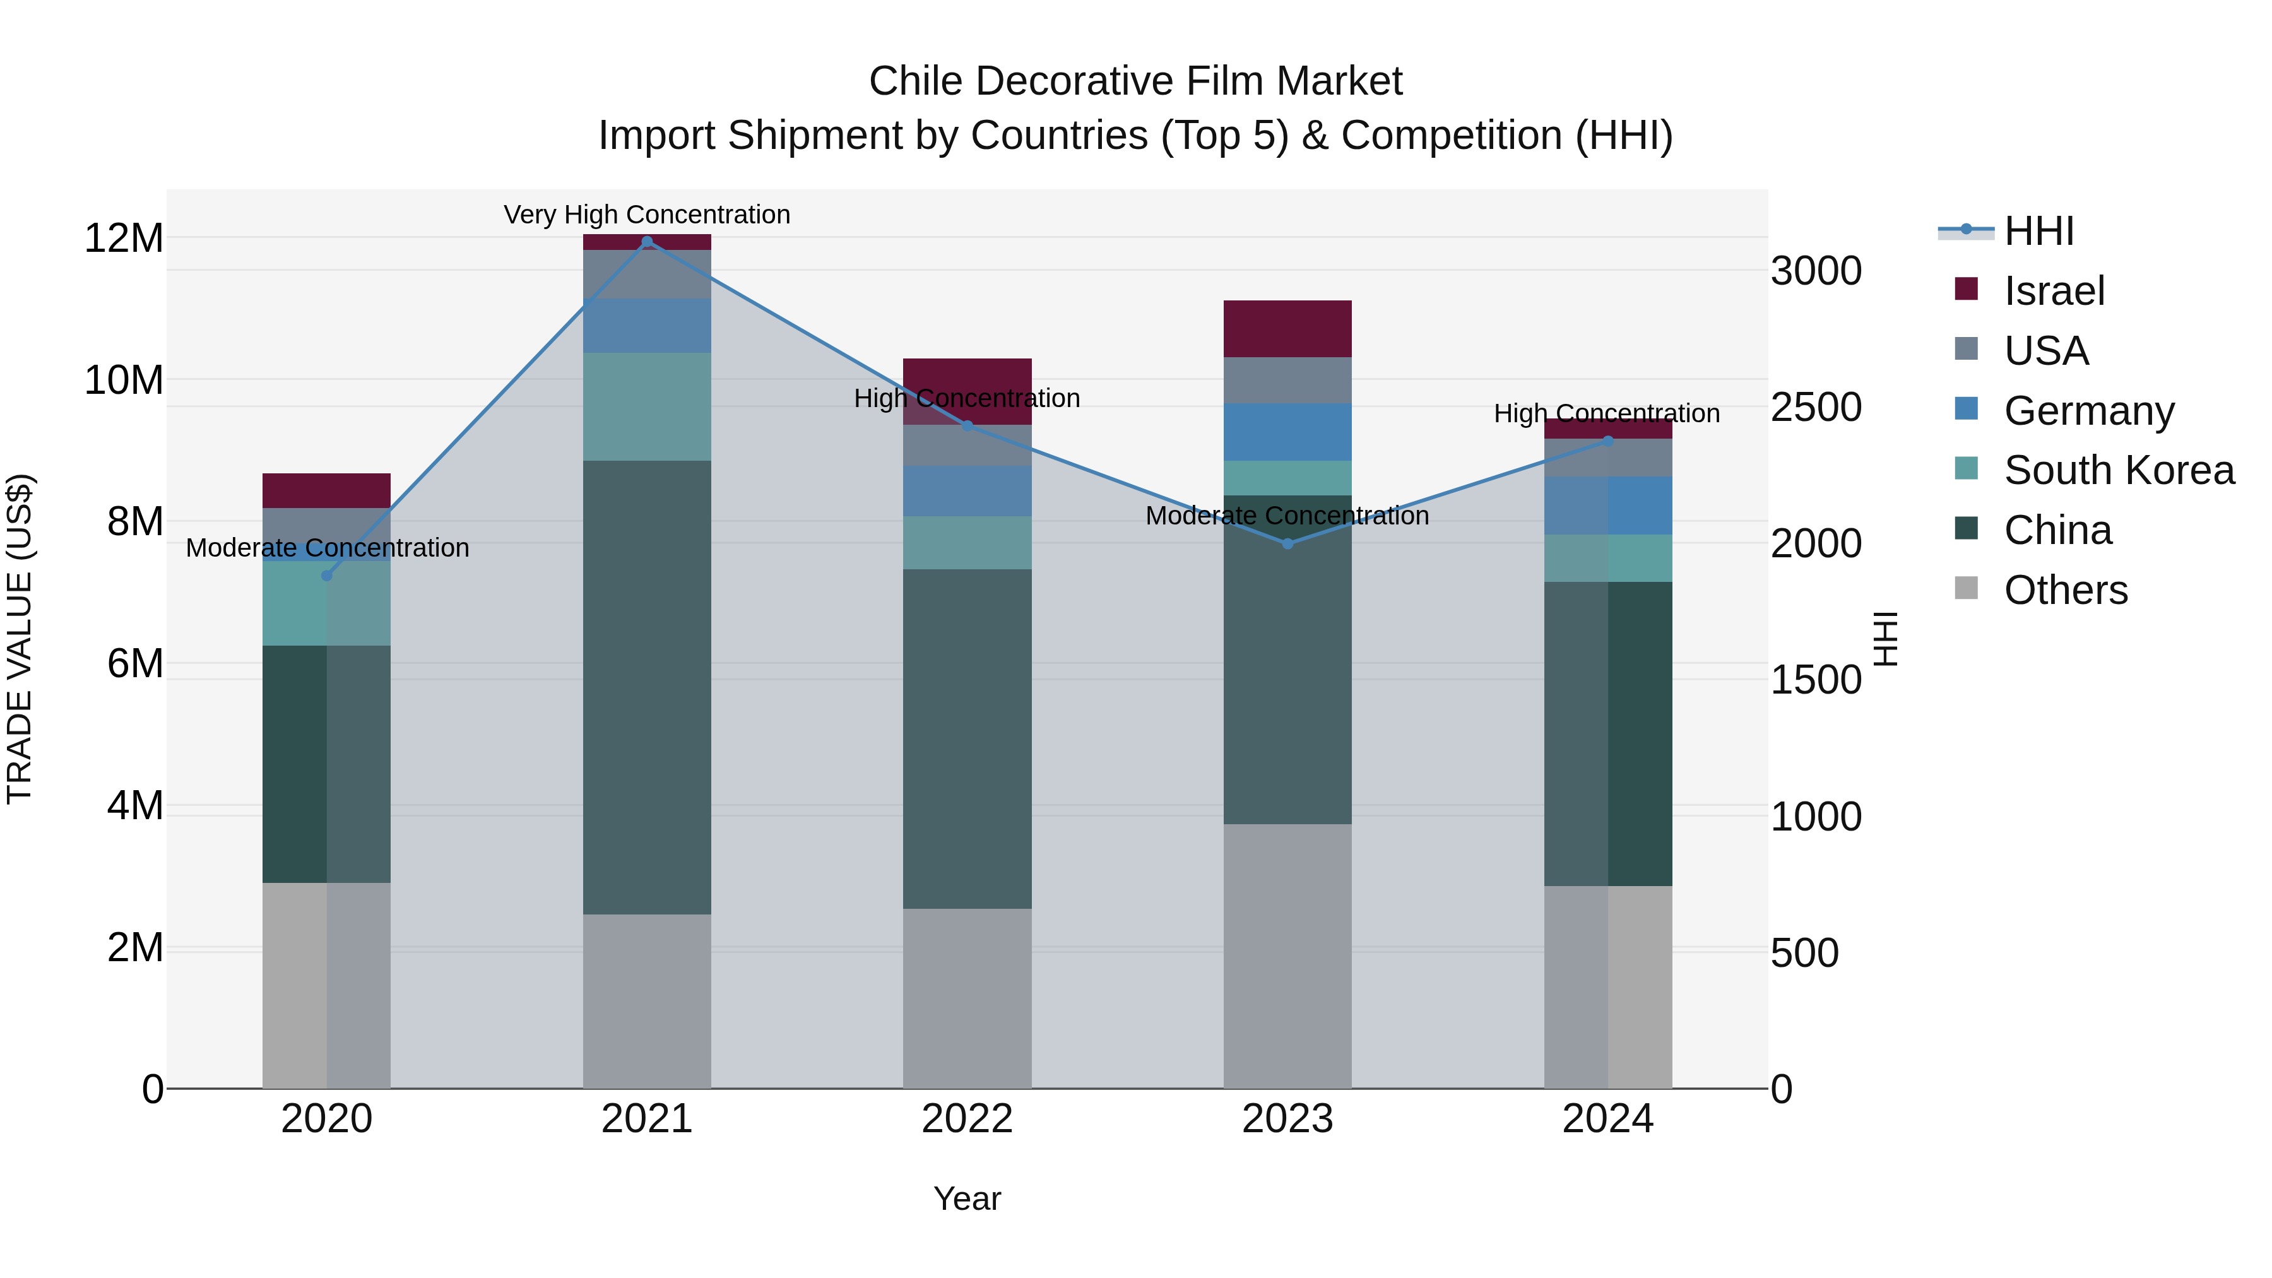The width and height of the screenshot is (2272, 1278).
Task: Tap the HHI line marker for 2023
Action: [1287, 544]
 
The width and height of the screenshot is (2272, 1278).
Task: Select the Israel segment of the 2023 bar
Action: [1287, 328]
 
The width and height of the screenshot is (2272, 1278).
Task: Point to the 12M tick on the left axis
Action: [124, 238]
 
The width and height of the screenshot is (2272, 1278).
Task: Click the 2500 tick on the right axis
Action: [1816, 408]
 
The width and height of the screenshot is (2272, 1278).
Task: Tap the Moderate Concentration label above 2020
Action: [327, 548]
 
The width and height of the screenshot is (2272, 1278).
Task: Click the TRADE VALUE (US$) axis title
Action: [20, 639]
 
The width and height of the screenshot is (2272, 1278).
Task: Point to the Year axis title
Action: [967, 1198]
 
